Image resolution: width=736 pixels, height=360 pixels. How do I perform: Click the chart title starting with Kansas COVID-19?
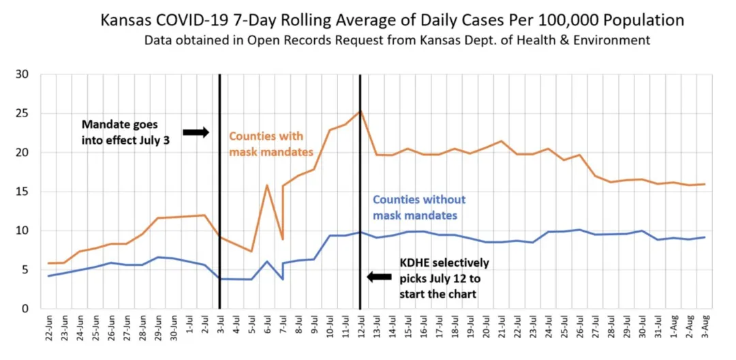(392, 20)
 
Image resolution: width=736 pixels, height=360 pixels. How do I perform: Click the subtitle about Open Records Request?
(397, 40)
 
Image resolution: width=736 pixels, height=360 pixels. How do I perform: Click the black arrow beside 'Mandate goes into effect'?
(196, 132)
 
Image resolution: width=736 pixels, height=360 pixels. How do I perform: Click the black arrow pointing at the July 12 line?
(380, 277)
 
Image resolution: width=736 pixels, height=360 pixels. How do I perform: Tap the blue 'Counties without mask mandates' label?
(418, 207)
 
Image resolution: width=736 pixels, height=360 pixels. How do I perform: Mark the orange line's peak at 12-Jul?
(360, 110)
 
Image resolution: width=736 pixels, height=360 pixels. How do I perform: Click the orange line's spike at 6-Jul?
(266, 185)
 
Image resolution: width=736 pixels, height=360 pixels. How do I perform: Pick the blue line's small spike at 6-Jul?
(266, 261)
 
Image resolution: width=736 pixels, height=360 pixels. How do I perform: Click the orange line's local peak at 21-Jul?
(500, 141)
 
